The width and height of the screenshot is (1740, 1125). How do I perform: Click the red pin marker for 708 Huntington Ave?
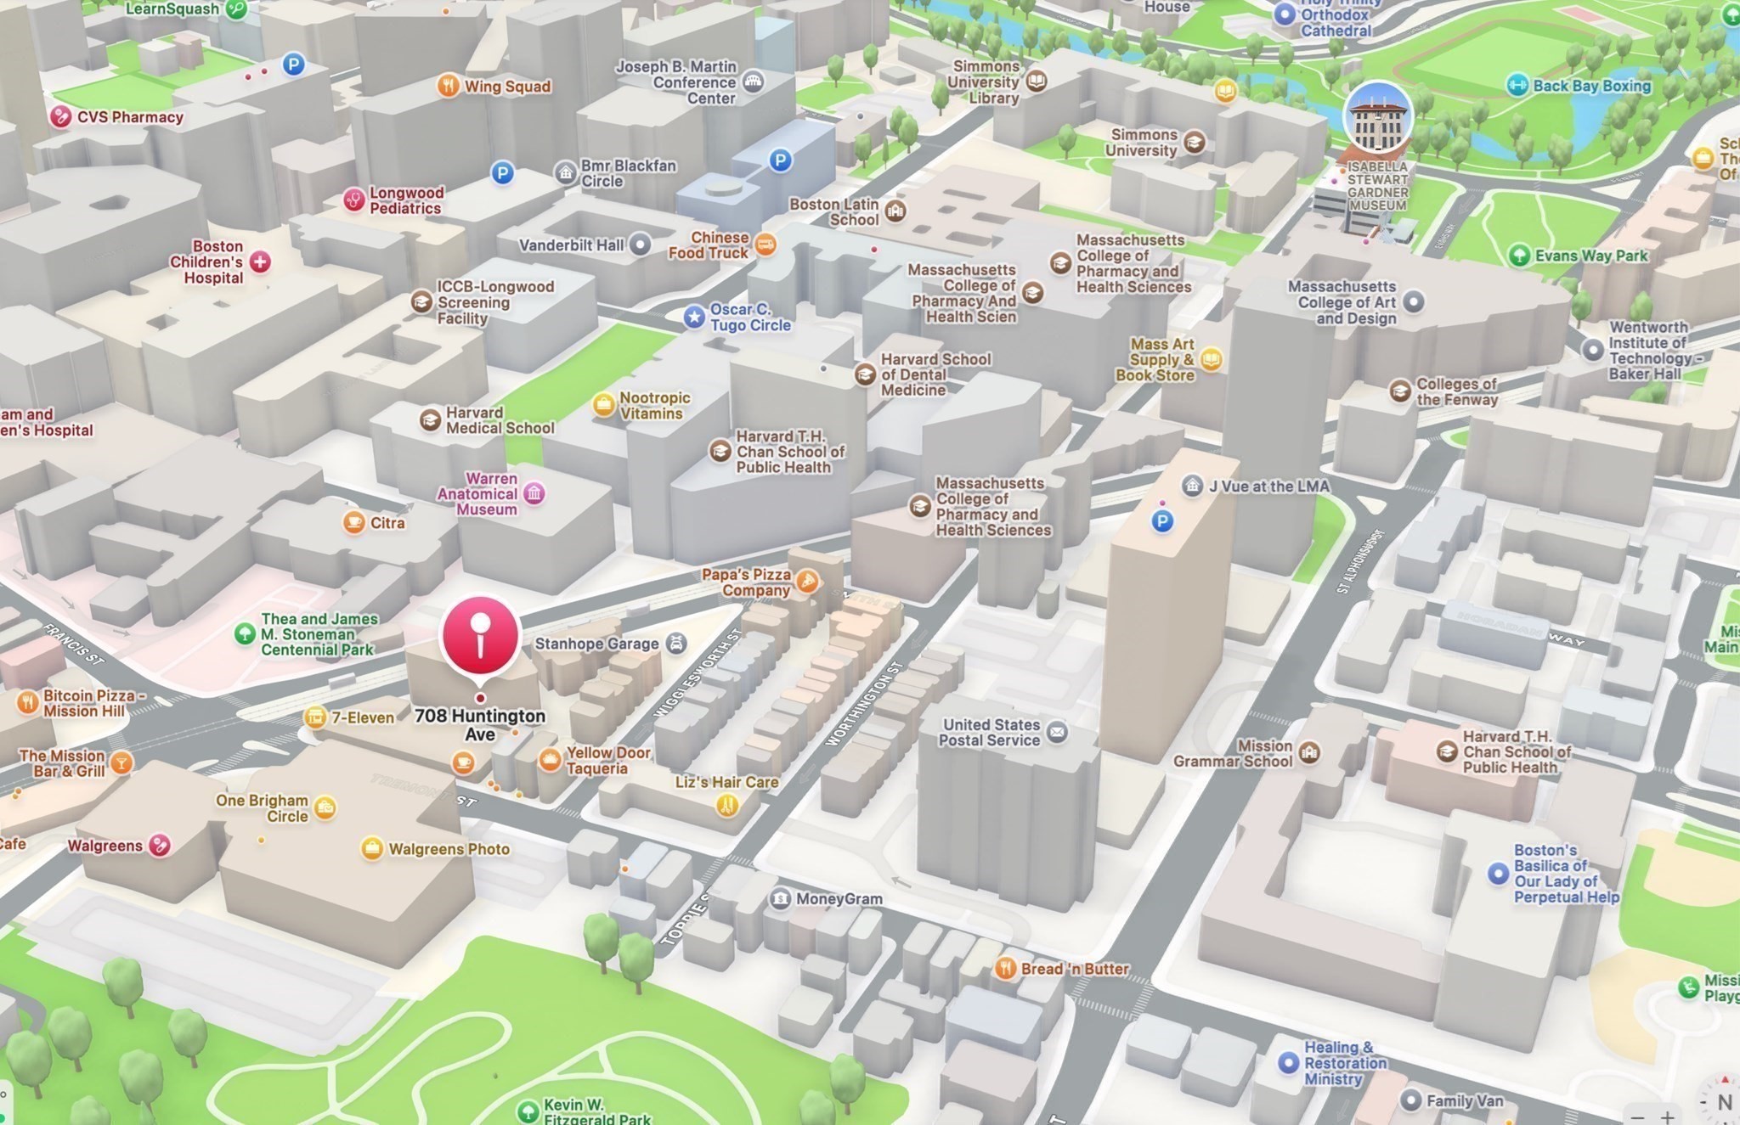480,637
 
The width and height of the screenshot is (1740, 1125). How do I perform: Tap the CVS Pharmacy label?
129,117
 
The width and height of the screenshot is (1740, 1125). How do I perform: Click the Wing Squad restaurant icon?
449,86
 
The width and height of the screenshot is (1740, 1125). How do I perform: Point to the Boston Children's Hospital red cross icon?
260,262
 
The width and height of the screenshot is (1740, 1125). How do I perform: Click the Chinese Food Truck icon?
765,245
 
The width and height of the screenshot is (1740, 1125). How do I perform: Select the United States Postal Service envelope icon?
1057,732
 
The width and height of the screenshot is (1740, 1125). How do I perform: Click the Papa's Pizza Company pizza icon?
808,582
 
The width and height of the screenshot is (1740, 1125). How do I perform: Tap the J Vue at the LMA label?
1268,487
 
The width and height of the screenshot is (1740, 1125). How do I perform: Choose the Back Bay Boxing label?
1591,86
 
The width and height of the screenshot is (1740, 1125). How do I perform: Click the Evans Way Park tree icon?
1519,256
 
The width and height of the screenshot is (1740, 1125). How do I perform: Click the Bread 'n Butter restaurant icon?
1006,969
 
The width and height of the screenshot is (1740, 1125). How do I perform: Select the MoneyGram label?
839,899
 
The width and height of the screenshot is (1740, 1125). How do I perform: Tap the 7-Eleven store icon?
315,717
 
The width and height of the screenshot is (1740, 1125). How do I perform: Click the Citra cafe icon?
354,523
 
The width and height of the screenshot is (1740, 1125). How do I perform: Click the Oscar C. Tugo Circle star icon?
694,318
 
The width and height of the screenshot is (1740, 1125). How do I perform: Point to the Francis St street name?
74,644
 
